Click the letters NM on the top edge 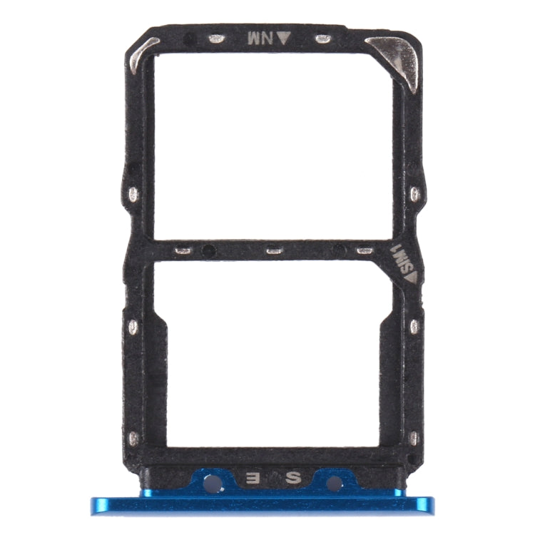tap(256, 39)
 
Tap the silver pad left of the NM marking tap(216, 39)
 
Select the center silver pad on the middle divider tap(272, 250)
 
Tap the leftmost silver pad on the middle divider tap(183, 250)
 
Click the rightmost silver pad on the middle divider tap(365, 250)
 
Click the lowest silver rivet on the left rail tap(132, 437)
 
